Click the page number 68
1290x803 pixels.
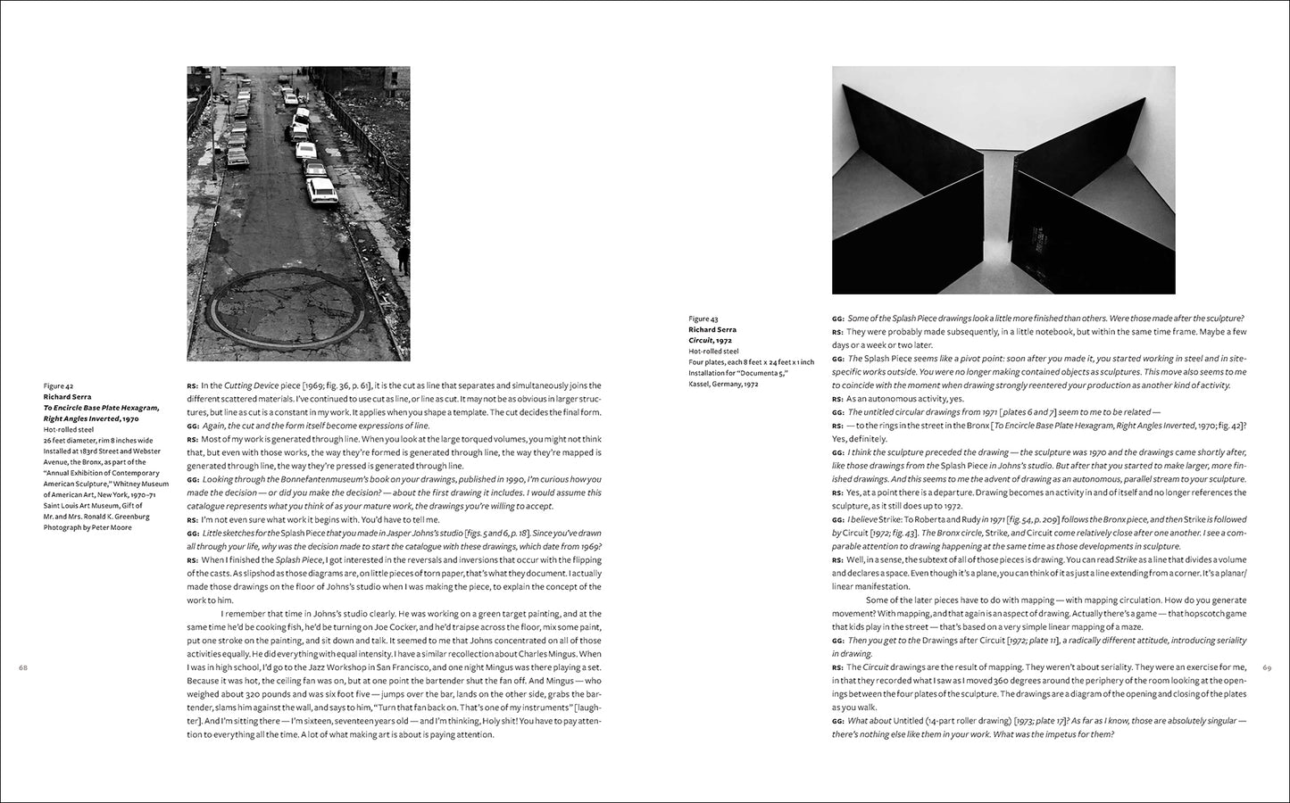23,667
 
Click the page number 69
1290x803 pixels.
1266,667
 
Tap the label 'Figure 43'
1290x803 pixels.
703,319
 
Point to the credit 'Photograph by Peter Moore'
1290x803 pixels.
87,527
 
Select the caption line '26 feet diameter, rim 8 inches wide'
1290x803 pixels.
98,440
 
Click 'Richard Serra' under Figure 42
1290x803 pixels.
66,396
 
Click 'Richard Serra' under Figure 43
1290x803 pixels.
712,329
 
